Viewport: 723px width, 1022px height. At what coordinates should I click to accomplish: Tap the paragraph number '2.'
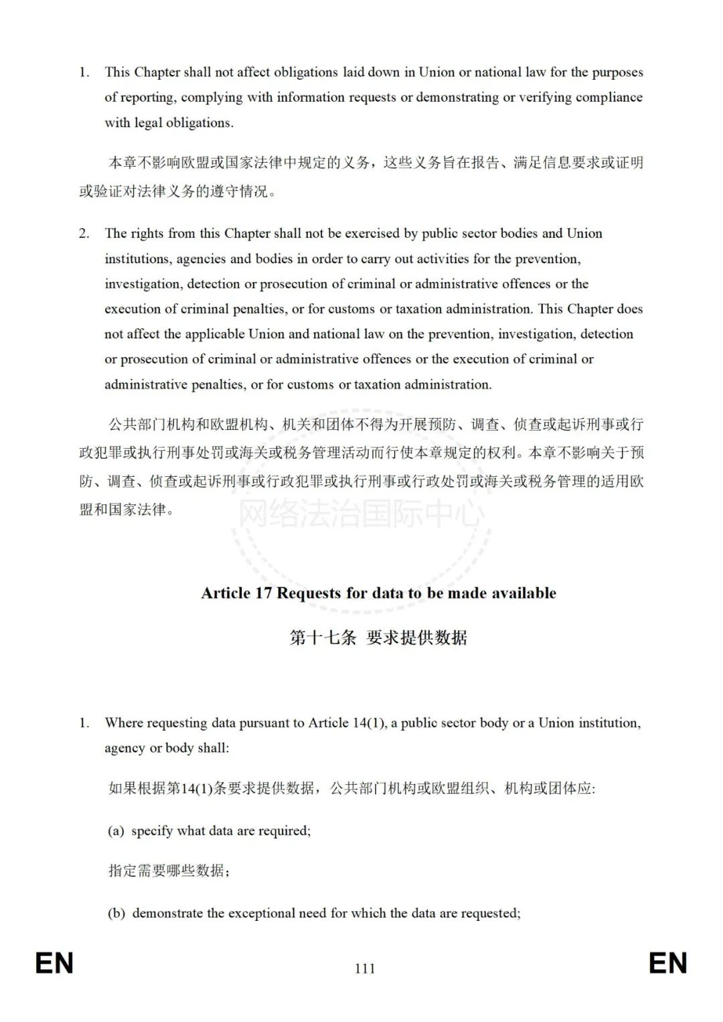click(84, 234)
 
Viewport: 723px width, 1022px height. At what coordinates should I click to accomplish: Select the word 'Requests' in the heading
click(309, 593)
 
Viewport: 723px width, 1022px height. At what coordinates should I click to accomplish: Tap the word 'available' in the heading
click(521, 593)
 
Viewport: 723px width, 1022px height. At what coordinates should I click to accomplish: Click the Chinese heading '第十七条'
click(323, 638)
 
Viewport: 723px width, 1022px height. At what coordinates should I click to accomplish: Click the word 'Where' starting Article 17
click(124, 723)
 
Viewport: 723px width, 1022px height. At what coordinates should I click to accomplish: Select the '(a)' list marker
click(116, 831)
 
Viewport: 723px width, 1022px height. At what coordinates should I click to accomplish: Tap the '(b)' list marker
click(116, 914)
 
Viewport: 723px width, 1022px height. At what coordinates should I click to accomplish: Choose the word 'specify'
click(152, 831)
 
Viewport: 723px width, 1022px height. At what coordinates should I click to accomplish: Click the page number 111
click(365, 968)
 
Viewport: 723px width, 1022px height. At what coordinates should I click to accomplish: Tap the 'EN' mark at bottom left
click(54, 964)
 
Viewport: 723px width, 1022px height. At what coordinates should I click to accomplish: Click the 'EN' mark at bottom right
click(668, 964)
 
